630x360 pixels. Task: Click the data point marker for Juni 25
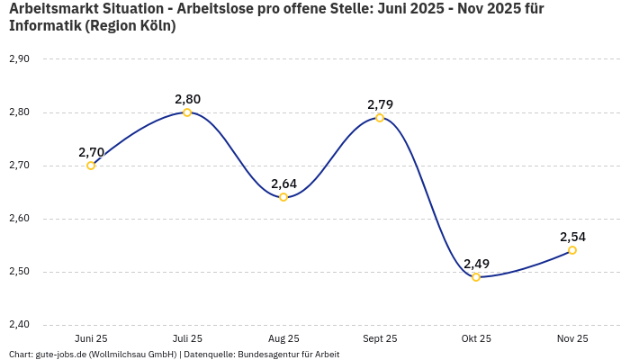[91, 166]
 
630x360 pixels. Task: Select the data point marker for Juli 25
[187, 112]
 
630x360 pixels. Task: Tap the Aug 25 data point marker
[283, 197]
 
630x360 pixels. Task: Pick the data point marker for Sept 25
[380, 118]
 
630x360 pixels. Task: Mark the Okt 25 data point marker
[476, 277]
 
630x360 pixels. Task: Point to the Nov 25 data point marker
[572, 250]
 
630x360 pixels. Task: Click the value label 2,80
[187, 99]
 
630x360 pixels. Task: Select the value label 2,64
[283, 184]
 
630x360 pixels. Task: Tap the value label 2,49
[476, 264]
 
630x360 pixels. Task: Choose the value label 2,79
[380, 104]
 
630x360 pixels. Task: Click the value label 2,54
[572, 237]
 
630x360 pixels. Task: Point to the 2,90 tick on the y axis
[19, 59]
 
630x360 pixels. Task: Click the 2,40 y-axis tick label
[19, 325]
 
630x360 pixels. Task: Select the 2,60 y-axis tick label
[19, 219]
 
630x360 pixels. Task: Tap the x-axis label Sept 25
[380, 338]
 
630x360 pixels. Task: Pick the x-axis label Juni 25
[91, 338]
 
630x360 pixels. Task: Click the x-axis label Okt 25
[476, 338]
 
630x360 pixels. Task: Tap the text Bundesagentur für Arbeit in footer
[288, 355]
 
